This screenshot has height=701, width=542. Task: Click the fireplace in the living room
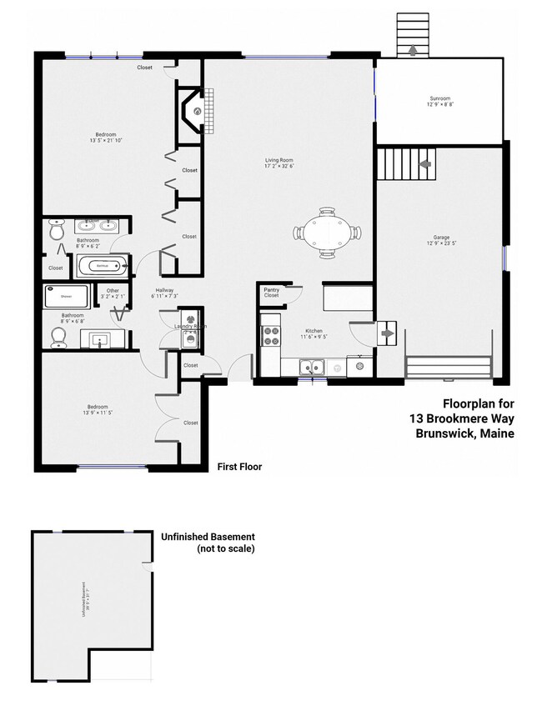[191, 112]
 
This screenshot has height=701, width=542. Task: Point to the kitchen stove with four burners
[272, 335]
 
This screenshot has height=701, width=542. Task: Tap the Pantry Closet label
[271, 293]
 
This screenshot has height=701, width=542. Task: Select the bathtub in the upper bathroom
[103, 267]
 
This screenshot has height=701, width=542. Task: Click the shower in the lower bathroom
[67, 297]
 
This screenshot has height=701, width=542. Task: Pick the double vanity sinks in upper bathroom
[98, 225]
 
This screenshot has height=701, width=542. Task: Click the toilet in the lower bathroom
[58, 337]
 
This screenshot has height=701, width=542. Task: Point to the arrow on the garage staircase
[424, 164]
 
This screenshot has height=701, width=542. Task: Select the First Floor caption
[238, 467]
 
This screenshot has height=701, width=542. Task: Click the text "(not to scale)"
[225, 549]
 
